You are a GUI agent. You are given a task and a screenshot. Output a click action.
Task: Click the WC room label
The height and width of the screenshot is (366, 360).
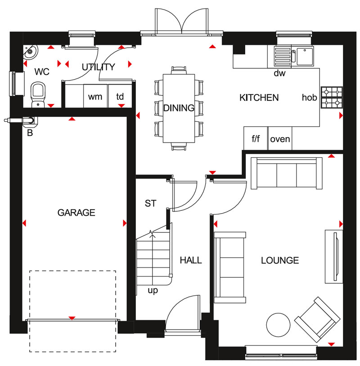click(42, 71)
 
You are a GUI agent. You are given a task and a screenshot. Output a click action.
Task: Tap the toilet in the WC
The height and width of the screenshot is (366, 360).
click(38, 94)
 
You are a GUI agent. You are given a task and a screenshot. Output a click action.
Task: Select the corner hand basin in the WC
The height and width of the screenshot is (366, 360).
click(30, 51)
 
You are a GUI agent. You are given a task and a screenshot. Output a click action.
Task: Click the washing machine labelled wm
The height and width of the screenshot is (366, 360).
click(95, 96)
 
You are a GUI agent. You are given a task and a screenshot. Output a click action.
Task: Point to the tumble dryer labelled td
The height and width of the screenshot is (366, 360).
click(120, 96)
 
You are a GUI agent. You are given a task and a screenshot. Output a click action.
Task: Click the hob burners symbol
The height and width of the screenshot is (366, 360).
click(332, 97)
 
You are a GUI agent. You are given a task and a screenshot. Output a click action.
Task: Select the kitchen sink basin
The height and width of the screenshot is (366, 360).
click(305, 56)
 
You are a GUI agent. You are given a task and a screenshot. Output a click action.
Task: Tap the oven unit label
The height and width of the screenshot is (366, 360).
click(280, 139)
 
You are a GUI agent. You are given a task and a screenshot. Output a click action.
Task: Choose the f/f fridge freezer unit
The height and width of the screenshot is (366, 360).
click(256, 138)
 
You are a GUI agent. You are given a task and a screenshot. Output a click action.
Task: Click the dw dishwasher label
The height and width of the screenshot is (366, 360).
click(279, 73)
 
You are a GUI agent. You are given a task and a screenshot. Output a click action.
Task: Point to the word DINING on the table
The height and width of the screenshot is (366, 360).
click(179, 108)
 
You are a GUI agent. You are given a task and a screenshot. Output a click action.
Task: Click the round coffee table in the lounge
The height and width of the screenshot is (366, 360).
click(278, 325)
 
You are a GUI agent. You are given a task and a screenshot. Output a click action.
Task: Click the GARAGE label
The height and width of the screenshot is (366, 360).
click(76, 213)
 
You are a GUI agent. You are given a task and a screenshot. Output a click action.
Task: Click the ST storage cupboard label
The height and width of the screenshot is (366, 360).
click(150, 203)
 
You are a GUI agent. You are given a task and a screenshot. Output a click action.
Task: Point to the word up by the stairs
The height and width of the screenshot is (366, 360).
click(153, 290)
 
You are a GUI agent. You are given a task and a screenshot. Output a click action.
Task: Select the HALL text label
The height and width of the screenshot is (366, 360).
click(191, 260)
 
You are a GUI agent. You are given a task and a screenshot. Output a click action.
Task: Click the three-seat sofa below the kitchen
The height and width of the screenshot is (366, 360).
click(287, 173)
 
